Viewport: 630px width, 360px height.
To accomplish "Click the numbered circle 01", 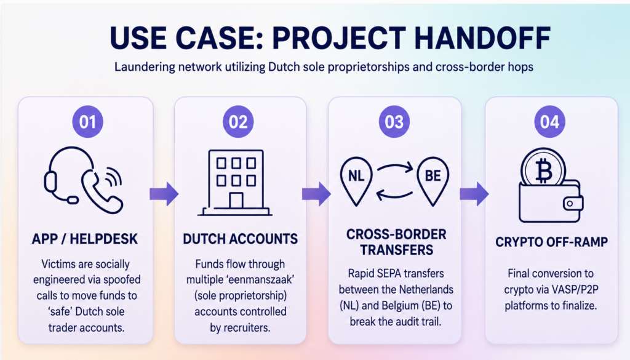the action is [x=87, y=122].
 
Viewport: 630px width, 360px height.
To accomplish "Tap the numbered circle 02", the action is [x=238, y=122].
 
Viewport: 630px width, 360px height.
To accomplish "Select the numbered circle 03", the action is [x=394, y=122].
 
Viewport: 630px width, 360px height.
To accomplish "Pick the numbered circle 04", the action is [x=549, y=122].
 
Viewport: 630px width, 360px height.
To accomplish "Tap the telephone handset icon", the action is [x=102, y=192].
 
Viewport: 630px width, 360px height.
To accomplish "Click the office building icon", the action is [x=236, y=183].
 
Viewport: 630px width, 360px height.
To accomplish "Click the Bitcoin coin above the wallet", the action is [x=543, y=169].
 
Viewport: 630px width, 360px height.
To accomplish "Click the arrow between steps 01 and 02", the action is [x=164, y=194].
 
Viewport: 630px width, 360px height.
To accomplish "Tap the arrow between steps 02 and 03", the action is [x=317, y=194].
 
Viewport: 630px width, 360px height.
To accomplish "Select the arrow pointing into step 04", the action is [x=474, y=194].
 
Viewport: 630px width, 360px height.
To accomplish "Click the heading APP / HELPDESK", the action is [x=85, y=239].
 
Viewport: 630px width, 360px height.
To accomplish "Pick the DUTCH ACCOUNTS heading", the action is [x=241, y=239].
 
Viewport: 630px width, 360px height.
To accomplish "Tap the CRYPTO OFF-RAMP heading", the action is [x=552, y=242].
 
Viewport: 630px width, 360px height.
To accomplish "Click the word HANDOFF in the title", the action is [x=482, y=38].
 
